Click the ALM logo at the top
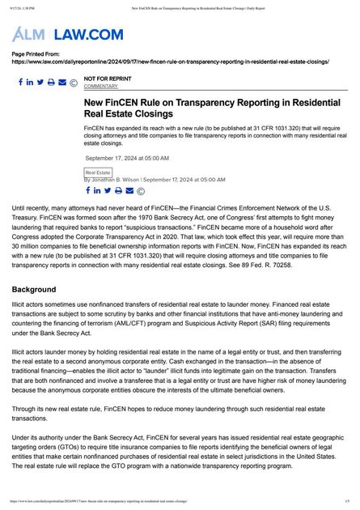tap(30, 34)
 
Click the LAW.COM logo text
tap(89, 34)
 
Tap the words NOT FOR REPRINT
tap(107, 79)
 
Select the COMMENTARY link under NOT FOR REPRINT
tap(100, 86)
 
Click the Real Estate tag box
tap(98, 172)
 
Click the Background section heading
tap(33, 289)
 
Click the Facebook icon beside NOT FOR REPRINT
tap(20, 83)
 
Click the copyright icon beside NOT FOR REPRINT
tap(74, 83)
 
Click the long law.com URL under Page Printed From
tap(170, 61)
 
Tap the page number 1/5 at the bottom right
tap(346, 502)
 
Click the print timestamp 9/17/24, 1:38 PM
tap(24, 6)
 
